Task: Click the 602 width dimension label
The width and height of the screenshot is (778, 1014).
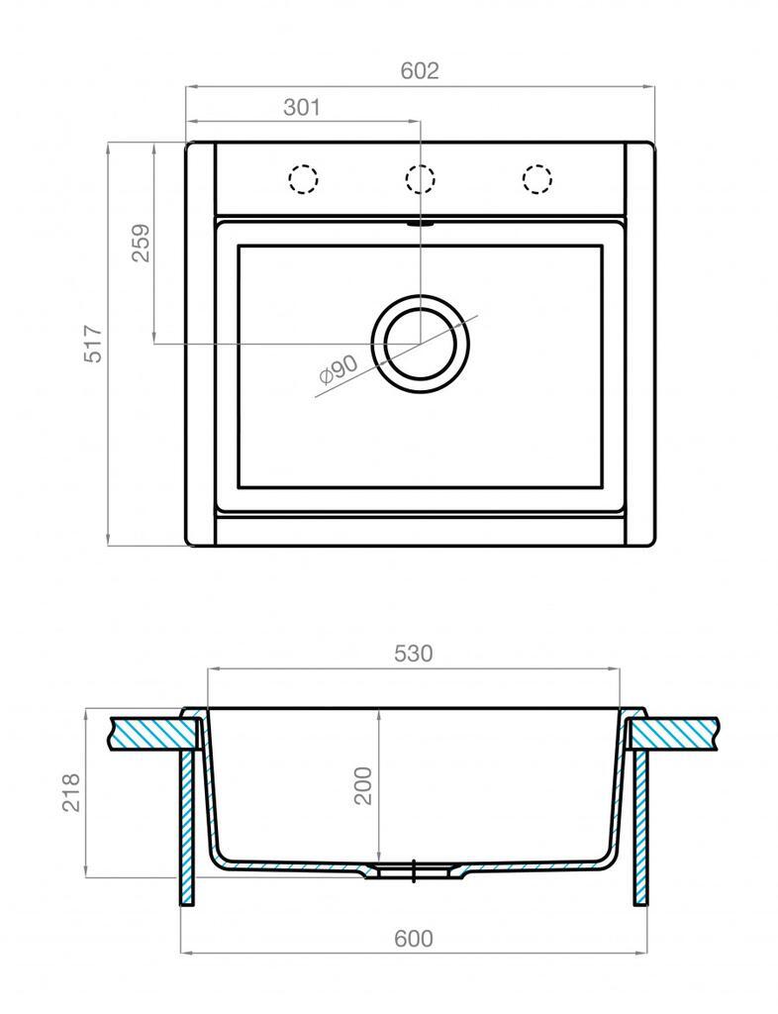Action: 420,71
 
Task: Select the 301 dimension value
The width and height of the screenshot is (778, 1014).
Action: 302,108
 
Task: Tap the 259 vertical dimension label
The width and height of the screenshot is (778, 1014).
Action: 141,244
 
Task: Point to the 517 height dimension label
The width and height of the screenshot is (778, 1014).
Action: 93,344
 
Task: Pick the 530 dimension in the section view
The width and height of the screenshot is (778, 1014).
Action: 414,654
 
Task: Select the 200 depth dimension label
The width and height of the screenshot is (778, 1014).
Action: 364,784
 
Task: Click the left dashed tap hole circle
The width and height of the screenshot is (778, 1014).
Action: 303,179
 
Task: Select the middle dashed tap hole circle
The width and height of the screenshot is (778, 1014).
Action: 420,179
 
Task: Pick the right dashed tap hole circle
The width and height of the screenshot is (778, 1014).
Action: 536,179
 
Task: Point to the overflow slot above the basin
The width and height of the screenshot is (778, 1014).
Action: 420,223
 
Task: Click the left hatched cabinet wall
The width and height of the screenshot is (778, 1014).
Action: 186,827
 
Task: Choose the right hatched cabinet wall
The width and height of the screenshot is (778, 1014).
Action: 641,827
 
